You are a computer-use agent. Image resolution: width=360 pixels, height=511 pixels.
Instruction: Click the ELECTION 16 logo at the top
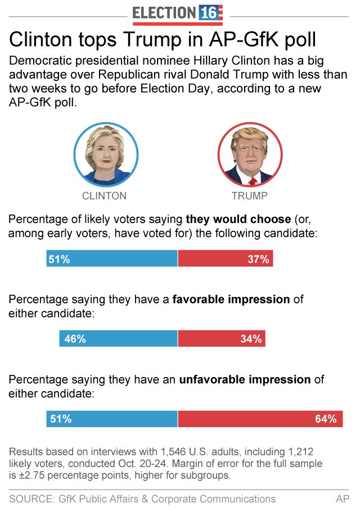[x=178, y=14]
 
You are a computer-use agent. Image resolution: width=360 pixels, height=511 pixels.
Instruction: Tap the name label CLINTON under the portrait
[x=104, y=196]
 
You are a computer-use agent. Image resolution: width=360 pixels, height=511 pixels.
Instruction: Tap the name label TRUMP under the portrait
[x=249, y=196]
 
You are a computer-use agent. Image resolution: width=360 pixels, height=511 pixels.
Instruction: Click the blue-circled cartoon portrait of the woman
[x=106, y=155]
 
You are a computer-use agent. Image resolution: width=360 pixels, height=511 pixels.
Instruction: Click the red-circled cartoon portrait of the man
[x=250, y=155]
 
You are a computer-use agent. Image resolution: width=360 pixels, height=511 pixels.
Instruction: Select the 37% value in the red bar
[x=259, y=259]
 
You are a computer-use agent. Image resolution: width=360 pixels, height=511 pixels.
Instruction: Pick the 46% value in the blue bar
[x=75, y=339]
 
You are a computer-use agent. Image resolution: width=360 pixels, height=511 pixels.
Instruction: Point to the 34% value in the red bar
[x=251, y=339]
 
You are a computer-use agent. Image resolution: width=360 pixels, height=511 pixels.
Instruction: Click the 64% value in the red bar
[x=326, y=419]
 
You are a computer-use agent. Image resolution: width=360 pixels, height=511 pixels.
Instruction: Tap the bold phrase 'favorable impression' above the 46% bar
[x=231, y=299]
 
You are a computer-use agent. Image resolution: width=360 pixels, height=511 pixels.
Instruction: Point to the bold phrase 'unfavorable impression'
[x=245, y=380]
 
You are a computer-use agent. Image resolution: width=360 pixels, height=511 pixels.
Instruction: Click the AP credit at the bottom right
[x=343, y=499]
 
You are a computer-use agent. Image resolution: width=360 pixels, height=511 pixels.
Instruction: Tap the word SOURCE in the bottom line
[x=31, y=499]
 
